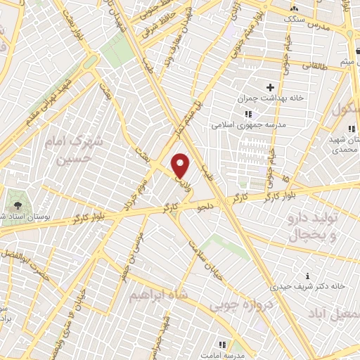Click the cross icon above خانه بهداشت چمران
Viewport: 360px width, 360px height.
tap(271, 86)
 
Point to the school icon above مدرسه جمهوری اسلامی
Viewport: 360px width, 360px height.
tap(247, 115)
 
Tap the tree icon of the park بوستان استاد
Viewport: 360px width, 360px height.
tap(15, 206)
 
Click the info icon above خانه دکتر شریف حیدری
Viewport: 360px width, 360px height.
tap(307, 275)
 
